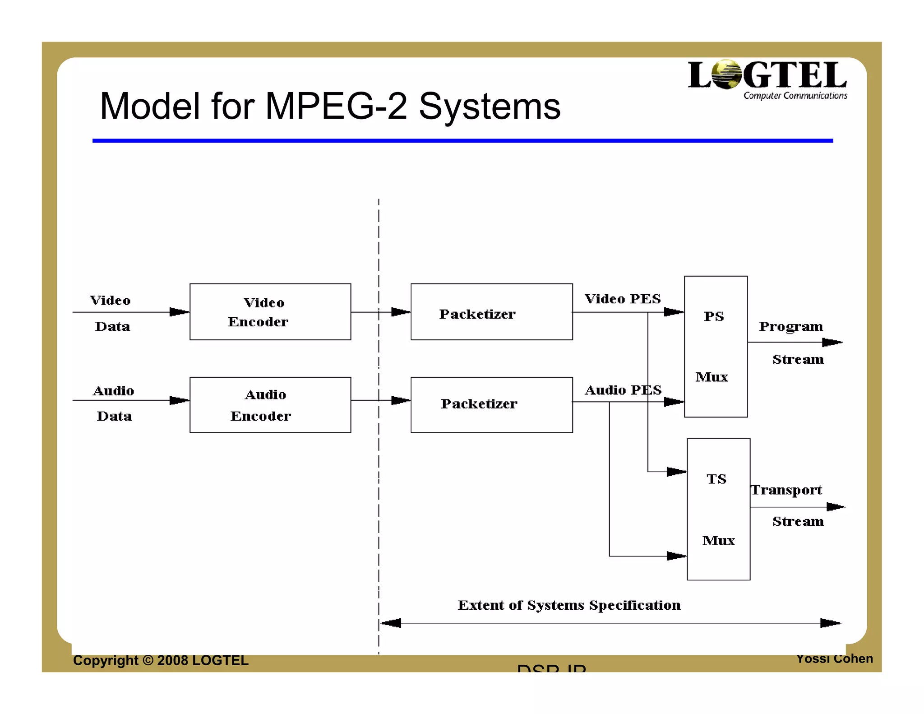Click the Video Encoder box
tap(270, 312)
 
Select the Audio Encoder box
tap(270, 405)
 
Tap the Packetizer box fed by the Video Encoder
tap(491, 312)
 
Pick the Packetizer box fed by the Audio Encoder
tap(491, 405)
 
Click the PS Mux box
tap(716, 347)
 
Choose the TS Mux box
tap(718, 509)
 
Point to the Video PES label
tap(623, 299)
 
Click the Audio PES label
tap(623, 390)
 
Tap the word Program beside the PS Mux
tap(790, 326)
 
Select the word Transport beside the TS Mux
tap(786, 490)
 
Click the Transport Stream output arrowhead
tap(836, 507)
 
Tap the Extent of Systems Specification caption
tap(569, 605)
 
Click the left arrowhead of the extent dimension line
tap(390, 623)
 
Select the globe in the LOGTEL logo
tap(726, 74)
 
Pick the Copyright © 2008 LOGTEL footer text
tap(161, 660)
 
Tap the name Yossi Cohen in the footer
tap(834, 659)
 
